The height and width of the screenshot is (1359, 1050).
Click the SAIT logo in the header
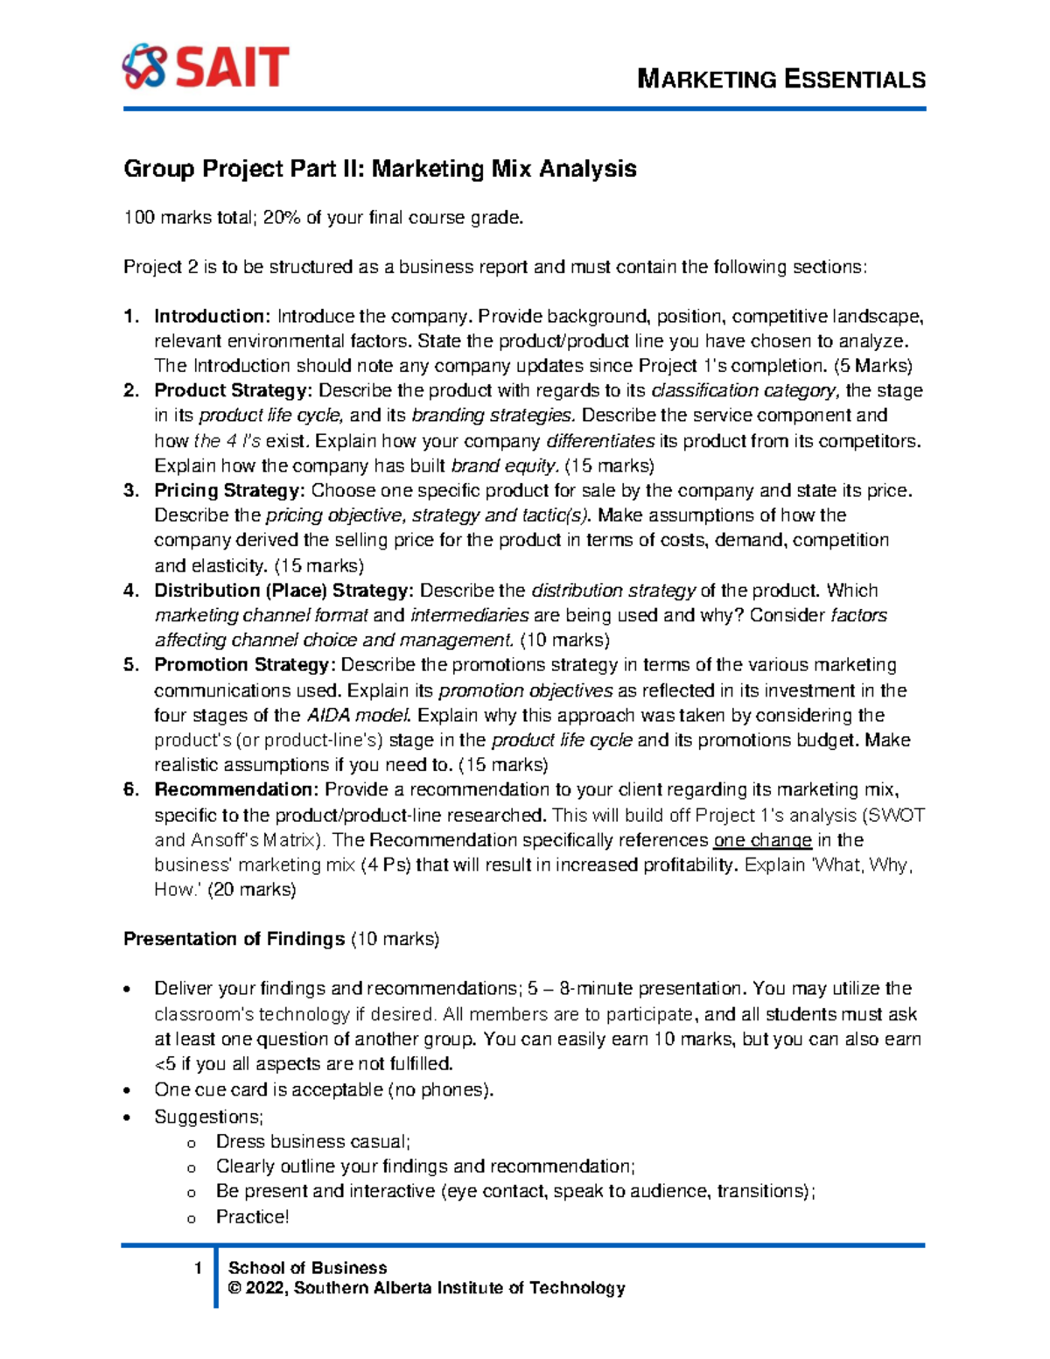pyautogui.click(x=206, y=67)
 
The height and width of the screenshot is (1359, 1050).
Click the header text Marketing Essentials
pyautogui.click(x=780, y=80)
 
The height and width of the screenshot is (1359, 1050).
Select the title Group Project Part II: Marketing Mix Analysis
pyautogui.click(x=380, y=168)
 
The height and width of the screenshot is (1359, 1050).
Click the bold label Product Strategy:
pyautogui.click(x=233, y=390)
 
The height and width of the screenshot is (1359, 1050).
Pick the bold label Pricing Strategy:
pyautogui.click(x=229, y=490)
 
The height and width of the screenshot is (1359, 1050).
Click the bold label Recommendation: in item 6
pyautogui.click(x=236, y=790)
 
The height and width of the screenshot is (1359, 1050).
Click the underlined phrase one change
pyautogui.click(x=762, y=841)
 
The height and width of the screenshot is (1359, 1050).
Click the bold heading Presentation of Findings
pyautogui.click(x=234, y=939)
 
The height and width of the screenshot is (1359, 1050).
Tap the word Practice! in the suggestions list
pyautogui.click(x=252, y=1217)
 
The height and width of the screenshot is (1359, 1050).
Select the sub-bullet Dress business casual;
pyautogui.click(x=312, y=1142)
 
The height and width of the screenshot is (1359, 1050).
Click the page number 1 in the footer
pyautogui.click(x=199, y=1268)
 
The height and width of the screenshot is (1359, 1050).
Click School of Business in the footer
pyautogui.click(x=307, y=1268)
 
